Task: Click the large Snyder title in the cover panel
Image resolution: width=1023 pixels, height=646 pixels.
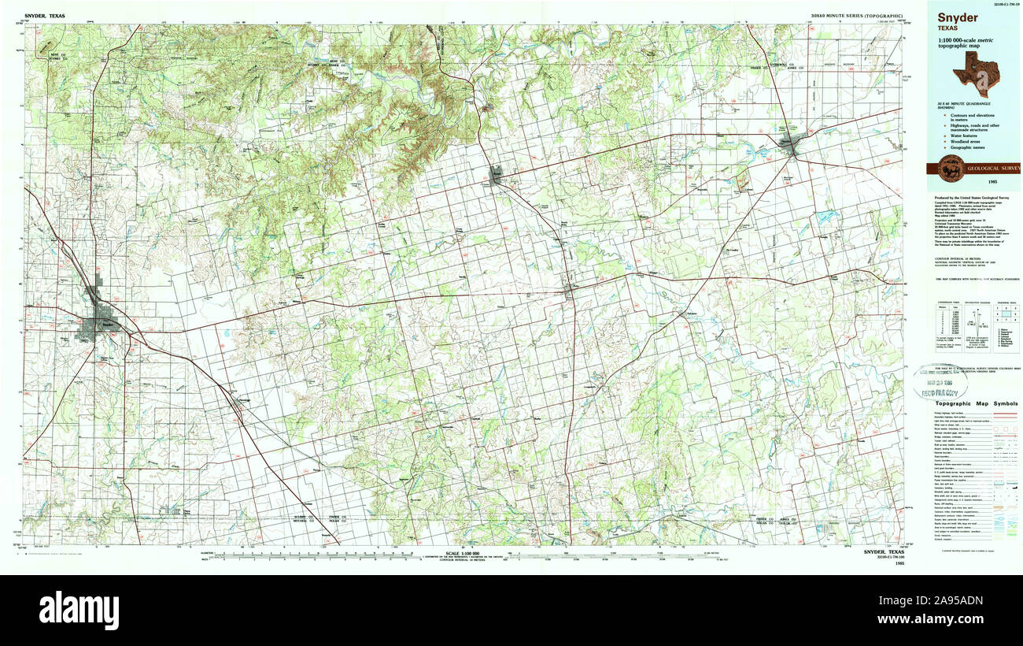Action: [x=957, y=17]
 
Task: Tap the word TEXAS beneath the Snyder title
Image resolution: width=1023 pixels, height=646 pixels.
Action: [x=947, y=28]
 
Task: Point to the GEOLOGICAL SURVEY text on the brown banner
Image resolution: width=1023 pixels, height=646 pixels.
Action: [x=992, y=169]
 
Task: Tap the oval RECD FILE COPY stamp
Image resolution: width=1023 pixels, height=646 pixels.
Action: [x=940, y=382]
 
